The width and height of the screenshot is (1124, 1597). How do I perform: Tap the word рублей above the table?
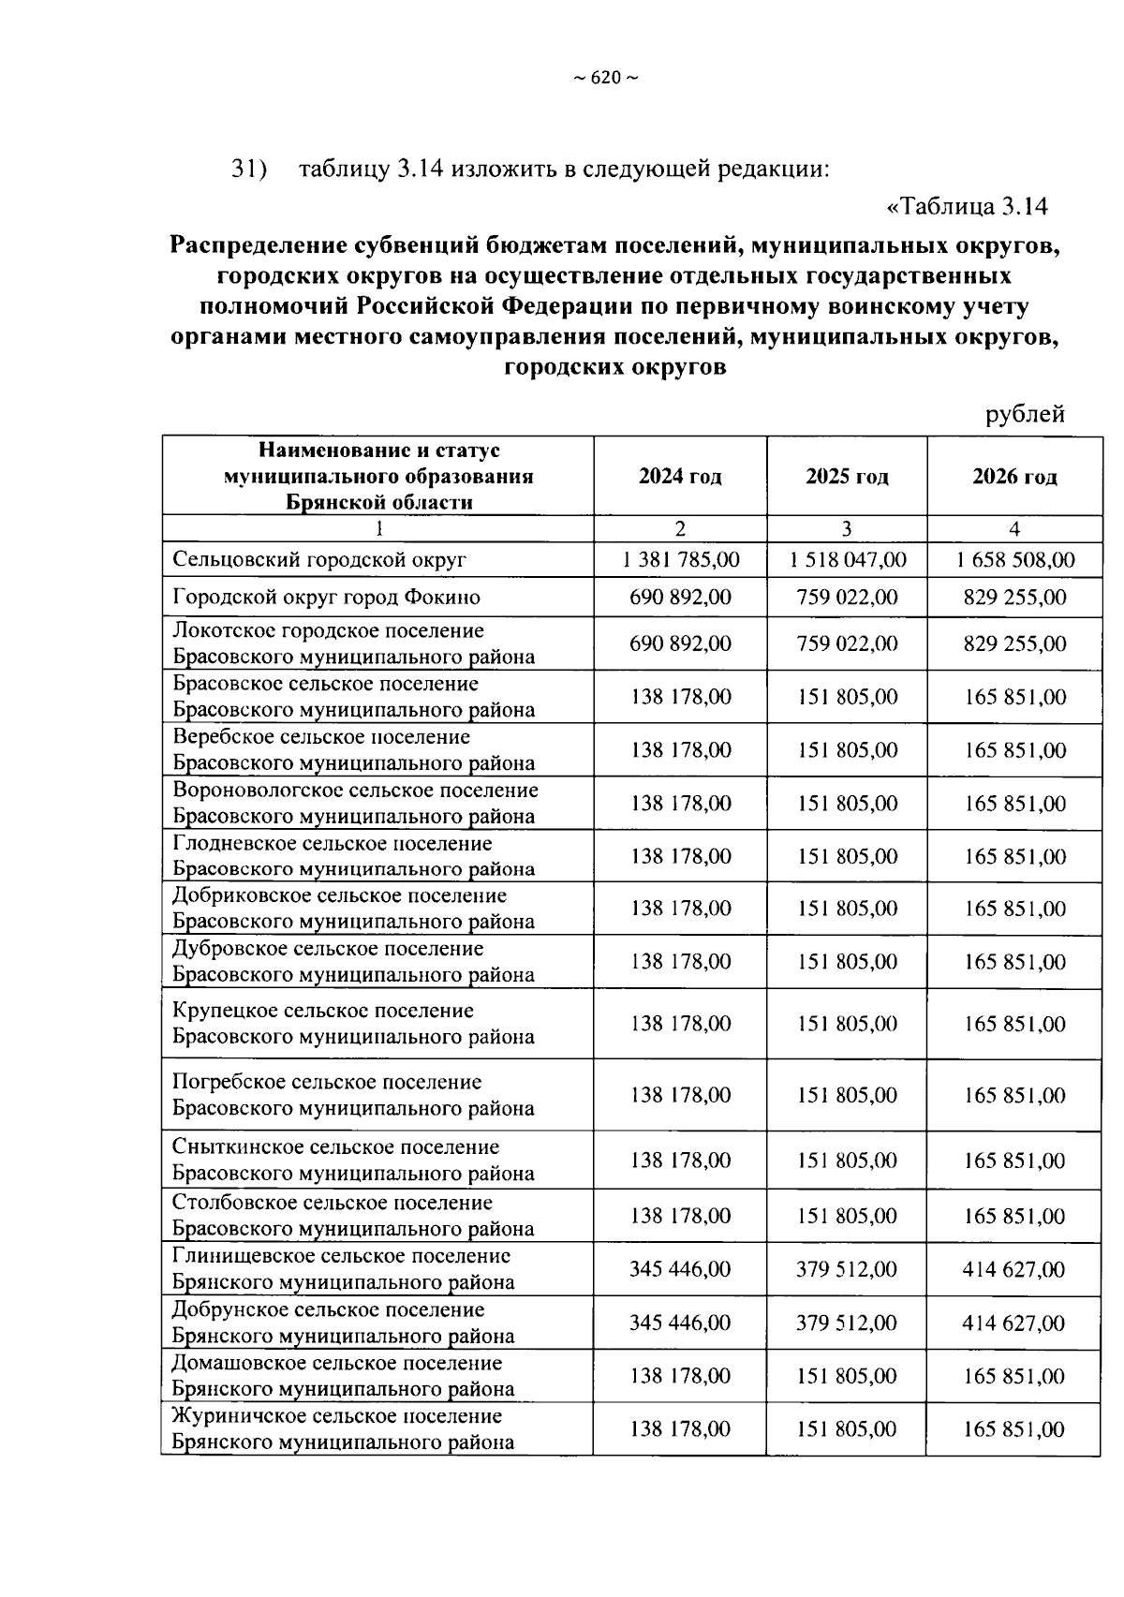[x=1025, y=414]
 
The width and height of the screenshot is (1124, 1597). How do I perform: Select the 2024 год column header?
[x=680, y=477]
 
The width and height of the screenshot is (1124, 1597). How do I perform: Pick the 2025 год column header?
[x=847, y=477]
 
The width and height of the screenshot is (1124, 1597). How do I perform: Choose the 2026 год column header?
[x=1014, y=477]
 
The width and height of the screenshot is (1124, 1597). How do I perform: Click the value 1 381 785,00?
[x=680, y=560]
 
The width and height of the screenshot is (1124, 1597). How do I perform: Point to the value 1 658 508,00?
[x=1014, y=560]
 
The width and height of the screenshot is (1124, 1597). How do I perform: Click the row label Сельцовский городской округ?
[x=319, y=560]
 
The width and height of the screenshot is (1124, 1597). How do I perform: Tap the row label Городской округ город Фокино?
[x=326, y=597]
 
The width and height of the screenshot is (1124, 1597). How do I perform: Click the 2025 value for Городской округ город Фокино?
[x=847, y=597]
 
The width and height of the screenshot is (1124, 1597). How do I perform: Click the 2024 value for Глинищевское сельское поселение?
[x=680, y=1269]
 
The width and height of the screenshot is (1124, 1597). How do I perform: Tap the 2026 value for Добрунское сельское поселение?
[x=1014, y=1323]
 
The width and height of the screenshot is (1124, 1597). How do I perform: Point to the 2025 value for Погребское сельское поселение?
[x=847, y=1095]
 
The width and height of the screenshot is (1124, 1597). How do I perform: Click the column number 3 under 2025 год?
[x=847, y=528]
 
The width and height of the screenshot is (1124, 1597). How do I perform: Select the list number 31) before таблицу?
[x=249, y=170]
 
